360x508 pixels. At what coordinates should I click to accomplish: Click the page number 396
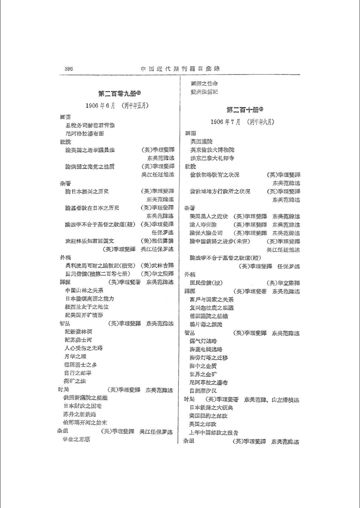click(x=69, y=69)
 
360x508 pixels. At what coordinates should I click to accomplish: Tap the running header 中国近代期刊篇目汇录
click(x=180, y=69)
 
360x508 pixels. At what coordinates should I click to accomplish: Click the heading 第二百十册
click(x=244, y=110)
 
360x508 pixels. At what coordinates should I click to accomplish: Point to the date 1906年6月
click(x=99, y=105)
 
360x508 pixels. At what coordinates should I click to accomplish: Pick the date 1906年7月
click(x=225, y=122)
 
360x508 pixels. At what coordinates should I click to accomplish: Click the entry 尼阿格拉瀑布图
click(x=85, y=134)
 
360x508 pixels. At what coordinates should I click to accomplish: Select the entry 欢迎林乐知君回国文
click(x=90, y=241)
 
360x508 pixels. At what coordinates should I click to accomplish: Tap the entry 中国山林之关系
click(x=84, y=290)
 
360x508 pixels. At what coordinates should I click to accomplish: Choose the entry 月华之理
click(x=75, y=356)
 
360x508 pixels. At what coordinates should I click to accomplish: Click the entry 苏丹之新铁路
click(x=80, y=414)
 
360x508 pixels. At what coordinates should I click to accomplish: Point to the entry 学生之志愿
click(x=76, y=439)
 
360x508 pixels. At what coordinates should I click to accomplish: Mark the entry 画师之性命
click(x=204, y=84)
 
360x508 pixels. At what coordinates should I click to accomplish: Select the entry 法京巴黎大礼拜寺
click(x=212, y=158)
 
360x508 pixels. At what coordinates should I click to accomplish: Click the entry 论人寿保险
click(x=203, y=225)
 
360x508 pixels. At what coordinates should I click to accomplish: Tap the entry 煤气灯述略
click(x=203, y=341)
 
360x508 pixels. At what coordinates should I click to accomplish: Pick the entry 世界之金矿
click(x=203, y=374)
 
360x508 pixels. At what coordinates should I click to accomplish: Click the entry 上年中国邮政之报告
click(x=213, y=433)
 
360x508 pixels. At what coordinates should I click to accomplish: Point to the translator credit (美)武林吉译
click(x=157, y=265)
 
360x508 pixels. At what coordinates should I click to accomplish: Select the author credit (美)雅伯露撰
click(x=157, y=241)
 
